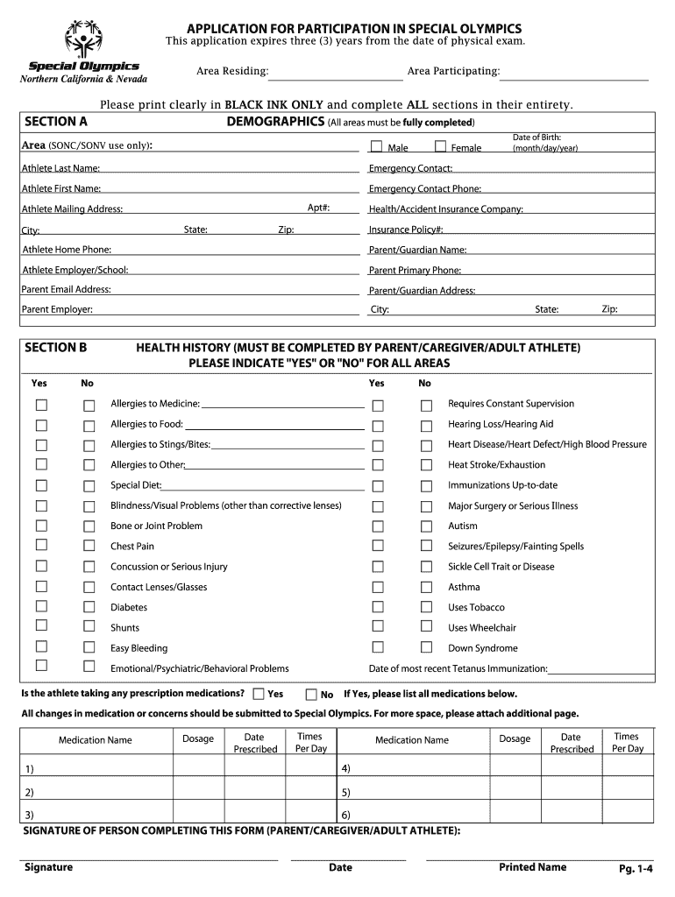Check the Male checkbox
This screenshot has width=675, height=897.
(x=376, y=146)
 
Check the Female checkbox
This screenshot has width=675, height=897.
(x=441, y=146)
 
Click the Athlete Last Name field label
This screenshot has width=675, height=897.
(x=60, y=168)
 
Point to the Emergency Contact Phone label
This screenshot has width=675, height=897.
(x=424, y=188)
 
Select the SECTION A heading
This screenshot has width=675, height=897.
(x=56, y=122)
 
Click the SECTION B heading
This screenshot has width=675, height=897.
(x=56, y=348)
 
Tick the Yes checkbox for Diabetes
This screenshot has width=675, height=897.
(x=41, y=607)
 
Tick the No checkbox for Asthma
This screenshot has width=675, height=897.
(x=426, y=587)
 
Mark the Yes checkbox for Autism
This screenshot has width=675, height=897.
(x=378, y=526)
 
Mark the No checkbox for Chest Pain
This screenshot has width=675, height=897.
(x=89, y=547)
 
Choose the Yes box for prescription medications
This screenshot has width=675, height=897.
(x=258, y=694)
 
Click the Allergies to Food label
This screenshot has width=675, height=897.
(x=146, y=424)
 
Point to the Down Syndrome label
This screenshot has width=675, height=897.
(x=482, y=648)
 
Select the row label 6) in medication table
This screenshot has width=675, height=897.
(x=346, y=815)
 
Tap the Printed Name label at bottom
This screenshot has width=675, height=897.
(x=532, y=867)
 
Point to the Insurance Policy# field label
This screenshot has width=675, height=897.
(x=406, y=230)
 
